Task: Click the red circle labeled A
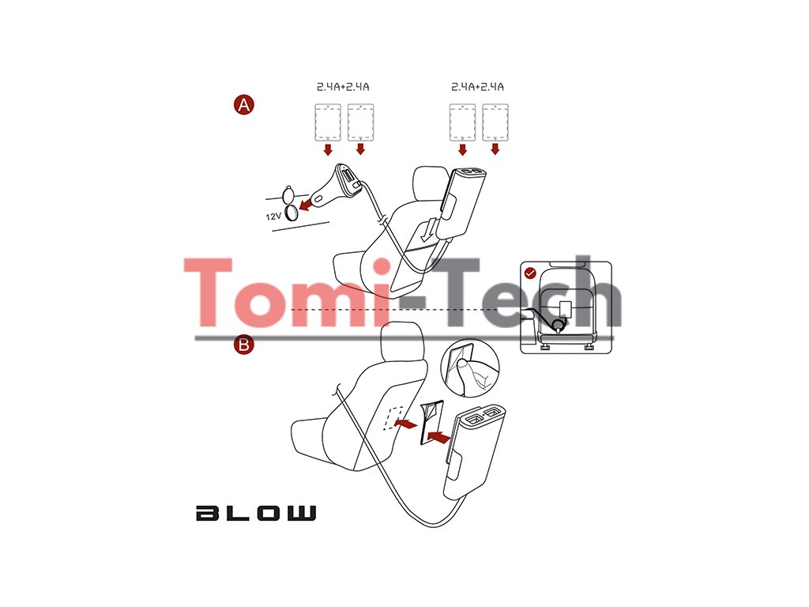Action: (x=244, y=104)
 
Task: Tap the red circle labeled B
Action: (x=244, y=345)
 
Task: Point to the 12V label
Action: (x=273, y=214)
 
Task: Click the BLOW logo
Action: (x=255, y=513)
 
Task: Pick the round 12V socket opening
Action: (x=295, y=209)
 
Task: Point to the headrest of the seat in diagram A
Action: (x=431, y=181)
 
